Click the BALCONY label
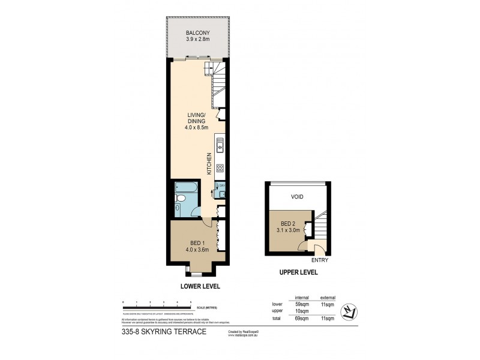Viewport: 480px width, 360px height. click(x=197, y=32)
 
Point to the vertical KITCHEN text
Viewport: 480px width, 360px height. click(x=209, y=163)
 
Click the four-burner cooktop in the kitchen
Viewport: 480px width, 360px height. click(x=220, y=168)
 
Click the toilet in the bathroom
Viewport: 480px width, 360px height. click(x=178, y=209)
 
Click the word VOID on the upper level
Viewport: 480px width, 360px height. click(x=298, y=196)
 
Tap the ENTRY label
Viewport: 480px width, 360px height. click(x=319, y=260)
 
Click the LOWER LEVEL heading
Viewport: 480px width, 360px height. click(x=197, y=286)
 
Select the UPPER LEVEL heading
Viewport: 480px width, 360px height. click(x=298, y=272)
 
